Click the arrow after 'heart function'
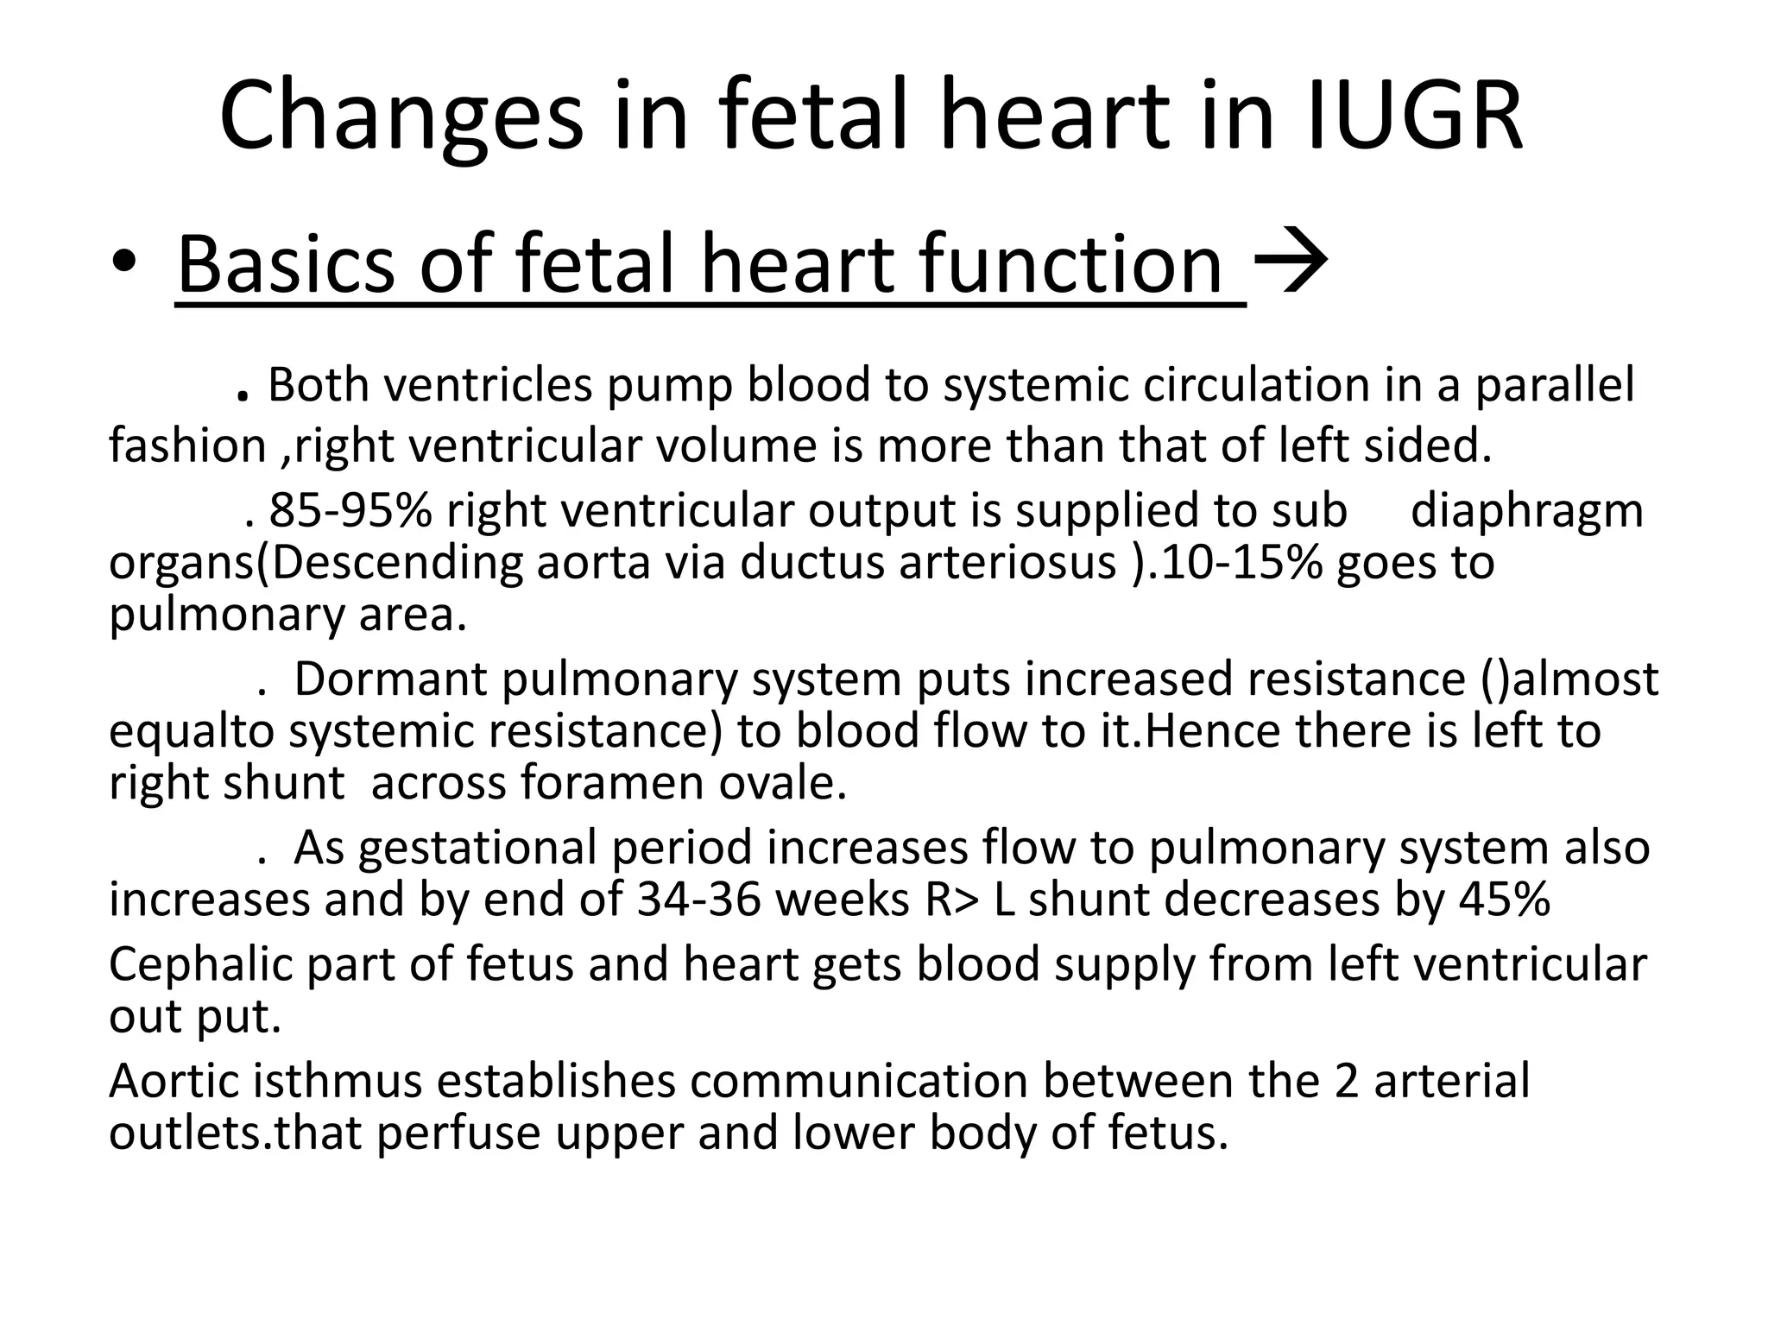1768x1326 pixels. click(x=1290, y=262)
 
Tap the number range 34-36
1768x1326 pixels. click(x=698, y=899)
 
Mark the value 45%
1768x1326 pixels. click(x=1505, y=899)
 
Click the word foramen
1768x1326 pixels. click(x=612, y=783)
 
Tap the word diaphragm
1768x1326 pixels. click(x=1526, y=509)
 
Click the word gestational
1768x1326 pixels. click(x=477, y=847)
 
